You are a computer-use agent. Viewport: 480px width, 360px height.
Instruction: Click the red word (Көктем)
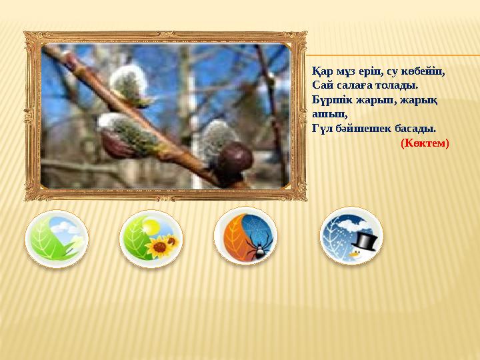[425, 143]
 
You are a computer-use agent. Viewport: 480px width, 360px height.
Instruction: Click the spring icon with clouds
[57, 239]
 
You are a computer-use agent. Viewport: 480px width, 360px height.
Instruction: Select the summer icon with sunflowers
[151, 239]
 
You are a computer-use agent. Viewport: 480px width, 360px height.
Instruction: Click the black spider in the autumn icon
[259, 249]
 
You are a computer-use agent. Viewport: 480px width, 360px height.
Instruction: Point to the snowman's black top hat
[365, 239]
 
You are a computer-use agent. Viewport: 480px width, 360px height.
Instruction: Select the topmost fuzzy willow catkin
[128, 85]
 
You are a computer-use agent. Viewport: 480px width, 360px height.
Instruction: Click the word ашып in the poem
[323, 114]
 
